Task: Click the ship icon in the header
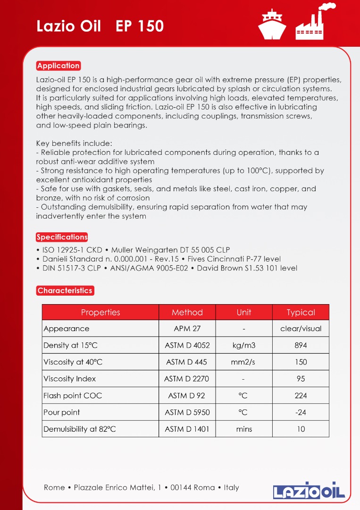tap(272, 25)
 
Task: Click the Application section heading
tap(59, 66)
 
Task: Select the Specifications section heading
tap(62, 237)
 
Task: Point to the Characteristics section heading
tap(65, 290)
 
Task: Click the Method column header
tap(187, 313)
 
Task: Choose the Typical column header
tap(301, 313)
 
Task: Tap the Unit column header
tap(244, 313)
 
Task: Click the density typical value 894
tap(301, 345)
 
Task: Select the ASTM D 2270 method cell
tap(187, 379)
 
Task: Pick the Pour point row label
tap(62, 412)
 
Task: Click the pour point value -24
tap(301, 412)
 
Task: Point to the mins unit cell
tap(244, 429)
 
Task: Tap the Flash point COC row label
tap(73, 396)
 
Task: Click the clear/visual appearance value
tap(301, 329)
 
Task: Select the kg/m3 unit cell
tap(244, 345)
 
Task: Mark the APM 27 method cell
tap(187, 329)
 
